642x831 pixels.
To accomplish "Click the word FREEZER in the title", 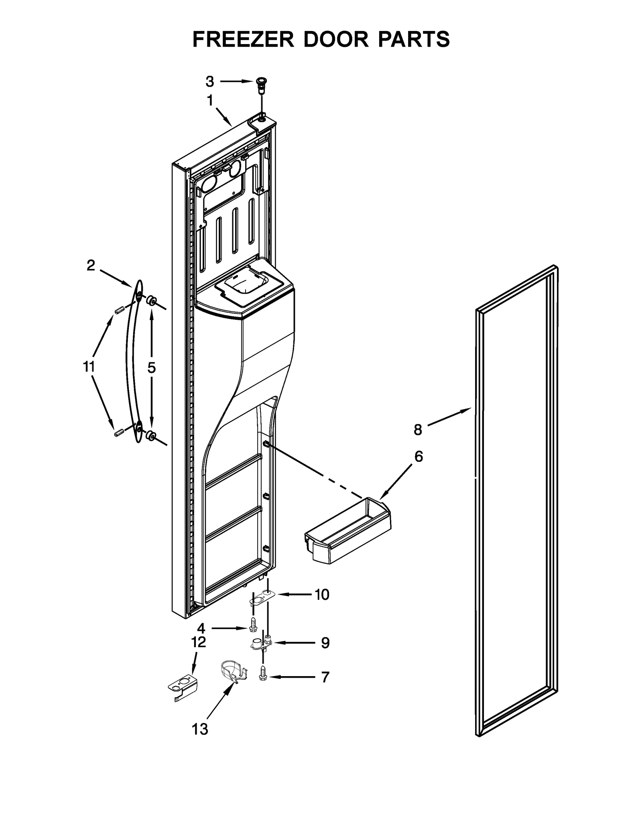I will pos(244,39).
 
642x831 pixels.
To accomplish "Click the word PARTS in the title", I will pos(413,39).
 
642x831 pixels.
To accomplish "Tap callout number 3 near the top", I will pos(210,82).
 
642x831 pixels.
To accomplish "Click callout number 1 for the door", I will pos(210,101).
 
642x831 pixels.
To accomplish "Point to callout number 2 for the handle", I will pos(91,265).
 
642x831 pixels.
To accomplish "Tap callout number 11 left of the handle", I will pos(89,367).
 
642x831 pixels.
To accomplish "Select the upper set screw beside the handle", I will pos(118,310).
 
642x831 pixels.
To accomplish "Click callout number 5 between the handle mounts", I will pos(151,367).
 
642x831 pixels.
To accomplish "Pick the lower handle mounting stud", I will pos(151,435).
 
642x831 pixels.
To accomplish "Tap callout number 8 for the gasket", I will pos(418,430).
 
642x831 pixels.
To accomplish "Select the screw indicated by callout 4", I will pos(253,635).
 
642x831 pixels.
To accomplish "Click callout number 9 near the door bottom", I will pos(325,643).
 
